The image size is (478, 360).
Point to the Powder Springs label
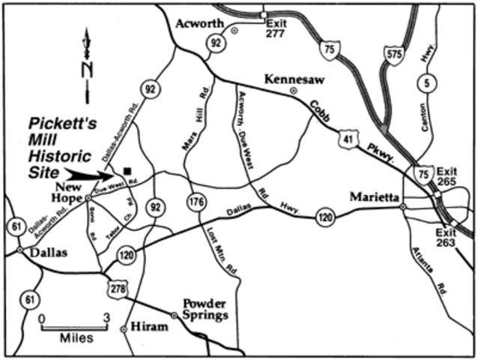205,310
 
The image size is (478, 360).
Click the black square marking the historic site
128,170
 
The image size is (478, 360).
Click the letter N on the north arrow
88,69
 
